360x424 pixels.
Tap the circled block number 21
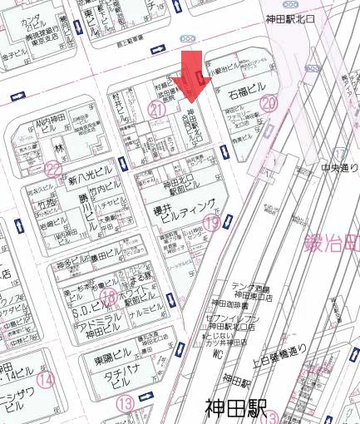pos(155,108)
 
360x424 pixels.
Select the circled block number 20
pos(268,104)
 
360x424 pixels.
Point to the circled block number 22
pos(55,169)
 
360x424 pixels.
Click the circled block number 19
pos(214,222)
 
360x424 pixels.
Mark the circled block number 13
pos(126,404)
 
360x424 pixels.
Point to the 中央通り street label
pos(340,168)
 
